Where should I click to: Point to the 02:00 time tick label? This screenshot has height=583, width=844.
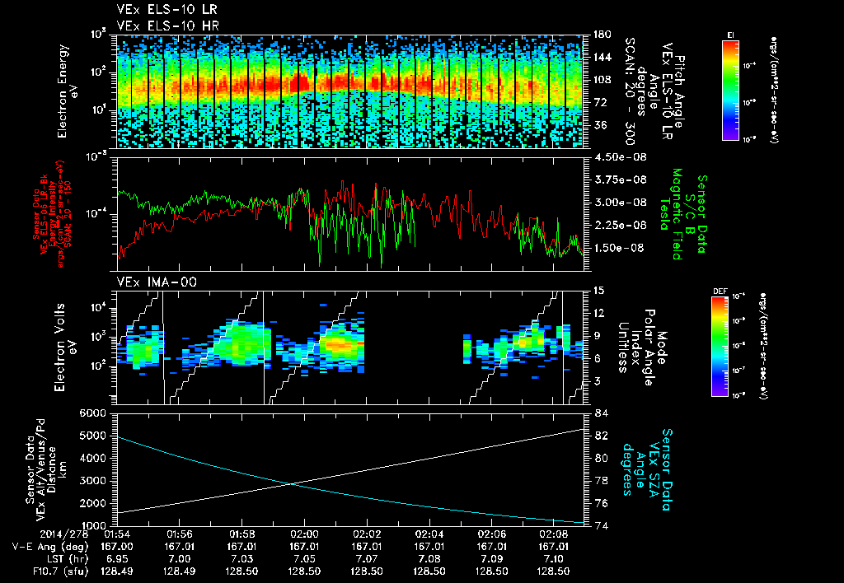coord(304,533)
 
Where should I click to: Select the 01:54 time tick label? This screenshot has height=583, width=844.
coord(117,533)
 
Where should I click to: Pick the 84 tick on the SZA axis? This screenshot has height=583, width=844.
coord(601,413)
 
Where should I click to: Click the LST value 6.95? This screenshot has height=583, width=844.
coord(117,557)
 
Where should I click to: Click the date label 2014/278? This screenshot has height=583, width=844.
coord(64,533)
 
